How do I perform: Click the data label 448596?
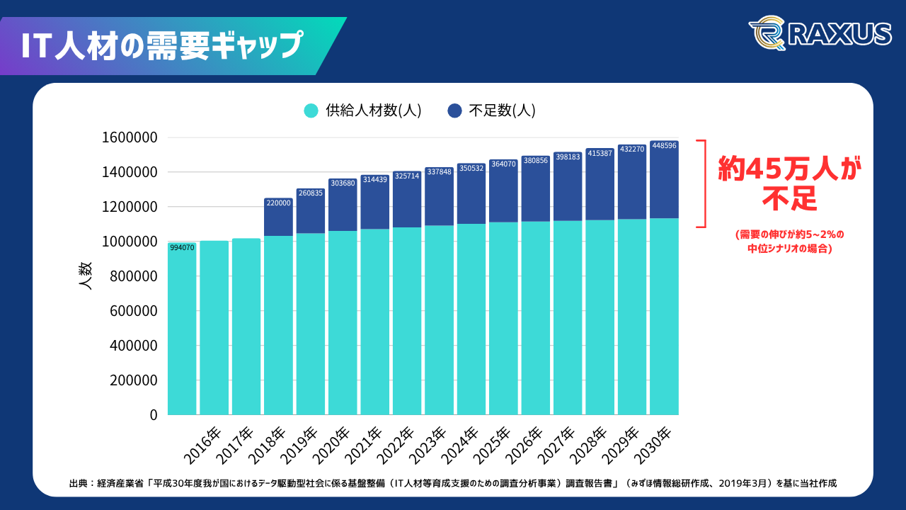[664, 146]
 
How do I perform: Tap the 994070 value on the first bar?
[182, 247]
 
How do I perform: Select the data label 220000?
[278, 203]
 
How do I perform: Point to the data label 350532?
[471, 169]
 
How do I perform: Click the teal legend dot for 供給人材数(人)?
[311, 110]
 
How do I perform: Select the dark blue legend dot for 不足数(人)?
[455, 110]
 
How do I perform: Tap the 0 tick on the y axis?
[153, 415]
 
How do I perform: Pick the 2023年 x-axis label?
[428, 443]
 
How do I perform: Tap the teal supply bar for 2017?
[246, 326]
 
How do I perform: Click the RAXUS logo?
[820, 33]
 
